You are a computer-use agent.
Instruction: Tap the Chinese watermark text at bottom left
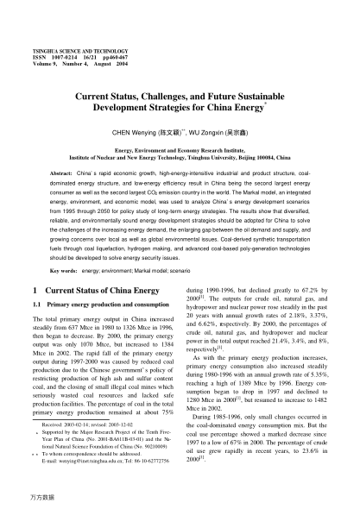[33, 498]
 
